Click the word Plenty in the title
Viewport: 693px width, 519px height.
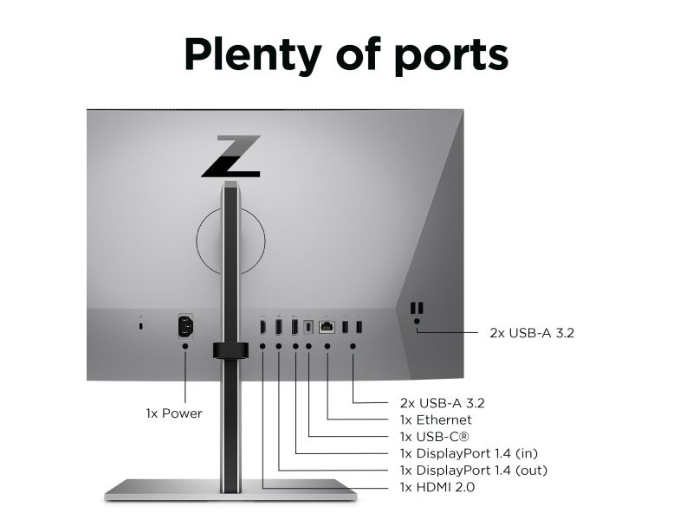pyautogui.click(x=252, y=54)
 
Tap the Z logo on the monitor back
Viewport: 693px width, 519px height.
pyautogui.click(x=231, y=157)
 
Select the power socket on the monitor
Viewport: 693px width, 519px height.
pyautogui.click(x=185, y=327)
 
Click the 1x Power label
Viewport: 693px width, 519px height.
pyautogui.click(x=174, y=413)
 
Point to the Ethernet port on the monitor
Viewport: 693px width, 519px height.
pyautogui.click(x=327, y=327)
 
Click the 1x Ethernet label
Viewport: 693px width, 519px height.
pyautogui.click(x=436, y=420)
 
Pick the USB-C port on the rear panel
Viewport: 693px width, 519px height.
pyautogui.click(x=308, y=327)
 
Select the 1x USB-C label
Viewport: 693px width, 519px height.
pyautogui.click(x=434, y=437)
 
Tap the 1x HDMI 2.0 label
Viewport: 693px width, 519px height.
pyautogui.click(x=437, y=487)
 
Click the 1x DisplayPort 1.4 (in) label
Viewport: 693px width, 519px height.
pyautogui.click(x=469, y=453)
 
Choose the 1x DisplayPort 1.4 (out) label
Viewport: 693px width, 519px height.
pyautogui.click(x=474, y=470)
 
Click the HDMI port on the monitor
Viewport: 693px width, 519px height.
pyautogui.click(x=262, y=327)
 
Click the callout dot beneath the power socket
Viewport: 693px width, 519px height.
pyautogui.click(x=185, y=346)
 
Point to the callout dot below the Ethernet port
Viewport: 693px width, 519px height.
pyautogui.click(x=327, y=346)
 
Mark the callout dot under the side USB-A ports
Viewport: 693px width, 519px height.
pyautogui.click(x=417, y=321)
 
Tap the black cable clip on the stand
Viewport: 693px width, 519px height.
pyautogui.click(x=230, y=350)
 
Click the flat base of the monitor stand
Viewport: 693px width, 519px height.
pyautogui.click(x=230, y=490)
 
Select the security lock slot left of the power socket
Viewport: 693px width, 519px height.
pyautogui.click(x=141, y=326)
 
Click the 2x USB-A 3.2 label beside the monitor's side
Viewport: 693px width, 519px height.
pyautogui.click(x=532, y=333)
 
